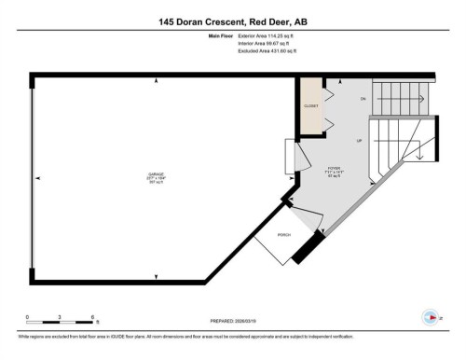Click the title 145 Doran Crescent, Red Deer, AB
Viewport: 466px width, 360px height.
click(232, 21)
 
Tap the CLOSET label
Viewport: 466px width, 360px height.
click(310, 106)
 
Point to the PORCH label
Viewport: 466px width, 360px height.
click(282, 235)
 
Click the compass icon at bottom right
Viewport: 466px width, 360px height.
click(431, 316)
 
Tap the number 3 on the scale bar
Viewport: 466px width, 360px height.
click(60, 317)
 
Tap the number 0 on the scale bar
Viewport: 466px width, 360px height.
click(28, 317)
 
